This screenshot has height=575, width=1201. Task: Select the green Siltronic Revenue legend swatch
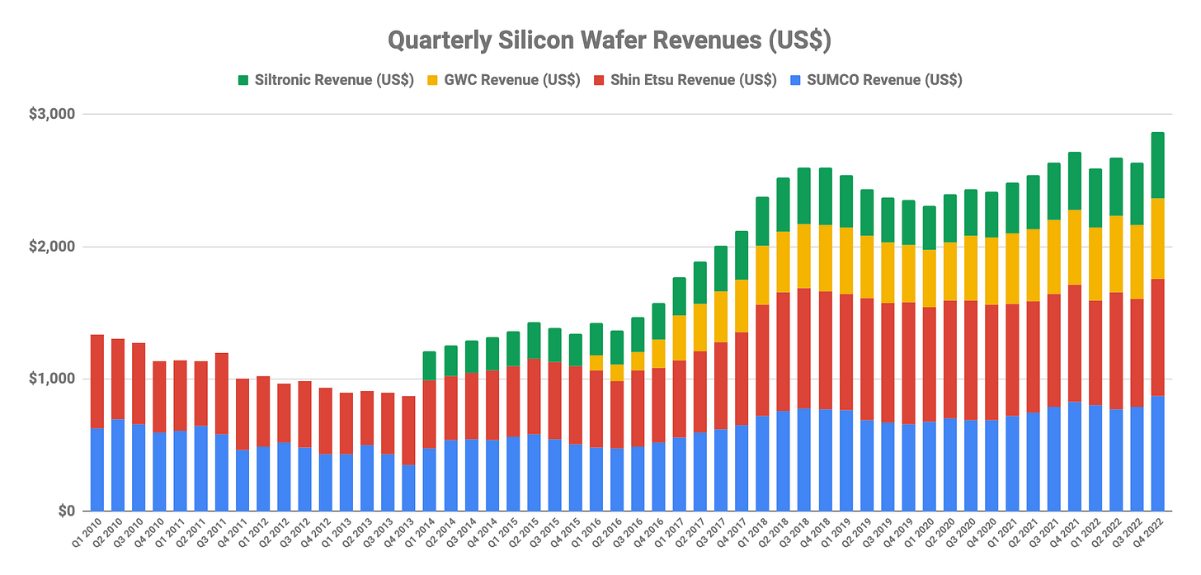point(243,81)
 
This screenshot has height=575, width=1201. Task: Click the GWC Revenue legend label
point(512,80)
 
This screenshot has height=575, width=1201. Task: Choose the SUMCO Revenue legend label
point(884,80)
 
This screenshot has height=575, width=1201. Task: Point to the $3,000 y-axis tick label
point(51,114)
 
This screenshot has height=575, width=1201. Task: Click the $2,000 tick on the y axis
point(51,247)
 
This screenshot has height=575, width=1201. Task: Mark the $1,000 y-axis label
point(51,379)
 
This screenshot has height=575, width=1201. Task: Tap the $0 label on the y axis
point(67,511)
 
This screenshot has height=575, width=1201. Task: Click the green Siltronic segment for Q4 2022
point(1157,165)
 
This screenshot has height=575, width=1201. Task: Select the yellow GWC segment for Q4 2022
point(1157,238)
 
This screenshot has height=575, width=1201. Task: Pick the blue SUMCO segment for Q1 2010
point(97,469)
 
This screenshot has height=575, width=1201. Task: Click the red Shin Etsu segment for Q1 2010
point(97,381)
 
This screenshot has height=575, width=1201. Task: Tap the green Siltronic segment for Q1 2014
point(430,365)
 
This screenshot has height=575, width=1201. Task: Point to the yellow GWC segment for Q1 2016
point(596,363)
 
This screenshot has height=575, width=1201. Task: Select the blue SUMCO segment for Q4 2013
point(408,488)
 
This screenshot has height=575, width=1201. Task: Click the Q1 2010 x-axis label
point(87,532)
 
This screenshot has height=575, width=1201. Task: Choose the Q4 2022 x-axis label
point(1147,532)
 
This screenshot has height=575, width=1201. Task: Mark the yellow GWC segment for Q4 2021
point(1075,247)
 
